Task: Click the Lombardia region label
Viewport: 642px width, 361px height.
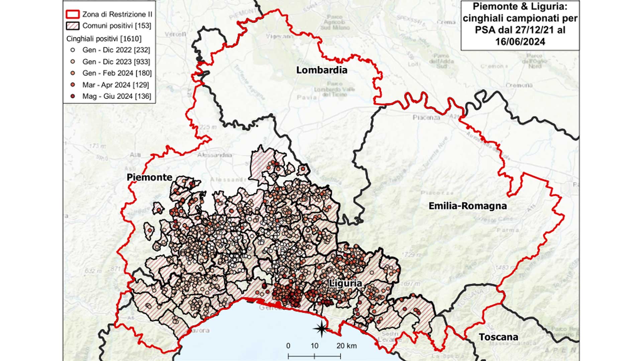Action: point(322,70)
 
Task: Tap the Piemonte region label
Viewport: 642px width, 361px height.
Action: point(149,177)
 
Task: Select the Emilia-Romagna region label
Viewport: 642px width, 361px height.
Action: point(467,206)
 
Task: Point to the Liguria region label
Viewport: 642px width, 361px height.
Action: point(345,283)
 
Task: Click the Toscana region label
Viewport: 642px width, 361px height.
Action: point(498,337)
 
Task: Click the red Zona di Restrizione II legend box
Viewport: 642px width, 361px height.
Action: point(73,14)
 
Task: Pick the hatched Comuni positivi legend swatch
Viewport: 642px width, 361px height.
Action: point(73,26)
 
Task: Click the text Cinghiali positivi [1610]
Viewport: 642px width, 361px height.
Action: point(104,39)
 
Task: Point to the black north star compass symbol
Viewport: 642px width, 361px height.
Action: point(321,329)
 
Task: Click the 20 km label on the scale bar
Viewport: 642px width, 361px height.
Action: point(346,346)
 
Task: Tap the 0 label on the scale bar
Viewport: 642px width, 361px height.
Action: point(288,346)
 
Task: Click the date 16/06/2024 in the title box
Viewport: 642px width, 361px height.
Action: point(520,42)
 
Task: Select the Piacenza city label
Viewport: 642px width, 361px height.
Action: point(426,118)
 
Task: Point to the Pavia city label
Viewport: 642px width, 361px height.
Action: point(307,97)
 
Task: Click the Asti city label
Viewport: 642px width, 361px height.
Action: point(135,155)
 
